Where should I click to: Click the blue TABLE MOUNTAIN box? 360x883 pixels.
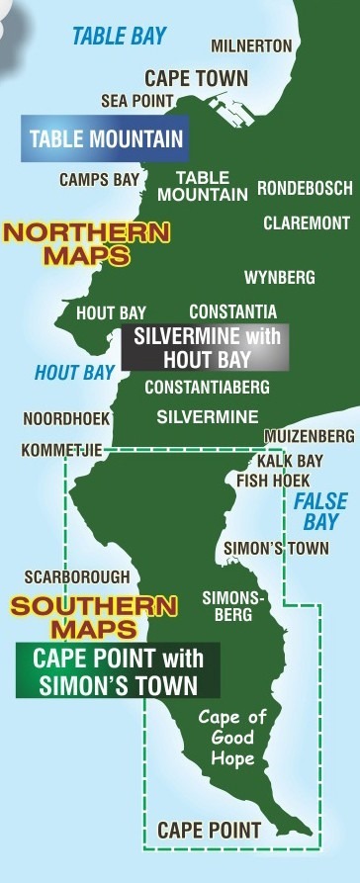click(106, 137)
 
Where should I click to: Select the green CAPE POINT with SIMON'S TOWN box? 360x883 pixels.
click(118, 670)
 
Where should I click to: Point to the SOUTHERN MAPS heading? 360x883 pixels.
click(95, 616)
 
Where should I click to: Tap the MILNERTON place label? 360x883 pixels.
click(251, 46)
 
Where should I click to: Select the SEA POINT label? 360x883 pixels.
click(137, 101)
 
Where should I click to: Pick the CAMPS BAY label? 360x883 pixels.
click(98, 180)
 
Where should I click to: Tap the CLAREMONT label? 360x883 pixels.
click(306, 223)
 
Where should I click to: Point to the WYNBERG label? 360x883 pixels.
click(279, 276)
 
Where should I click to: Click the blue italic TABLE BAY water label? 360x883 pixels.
click(119, 37)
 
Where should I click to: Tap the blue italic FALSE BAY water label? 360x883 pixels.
click(320, 511)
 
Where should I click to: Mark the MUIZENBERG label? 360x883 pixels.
click(309, 436)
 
